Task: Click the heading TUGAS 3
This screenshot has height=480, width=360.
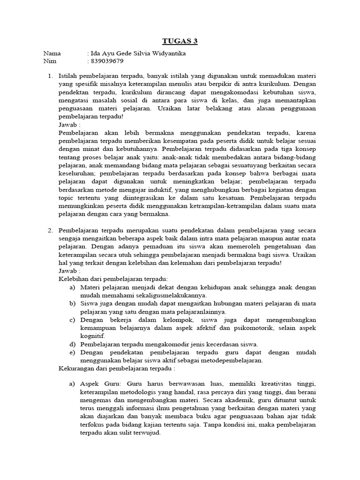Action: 180,41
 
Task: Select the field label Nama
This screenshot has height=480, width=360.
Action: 52,53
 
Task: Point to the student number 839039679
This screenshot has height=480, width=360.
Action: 107,61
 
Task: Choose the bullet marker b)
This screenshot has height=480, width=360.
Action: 72,303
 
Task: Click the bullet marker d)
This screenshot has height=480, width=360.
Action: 72,344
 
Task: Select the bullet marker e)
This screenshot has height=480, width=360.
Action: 72,352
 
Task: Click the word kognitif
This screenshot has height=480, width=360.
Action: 92,336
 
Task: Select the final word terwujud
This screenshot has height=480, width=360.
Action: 145,433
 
